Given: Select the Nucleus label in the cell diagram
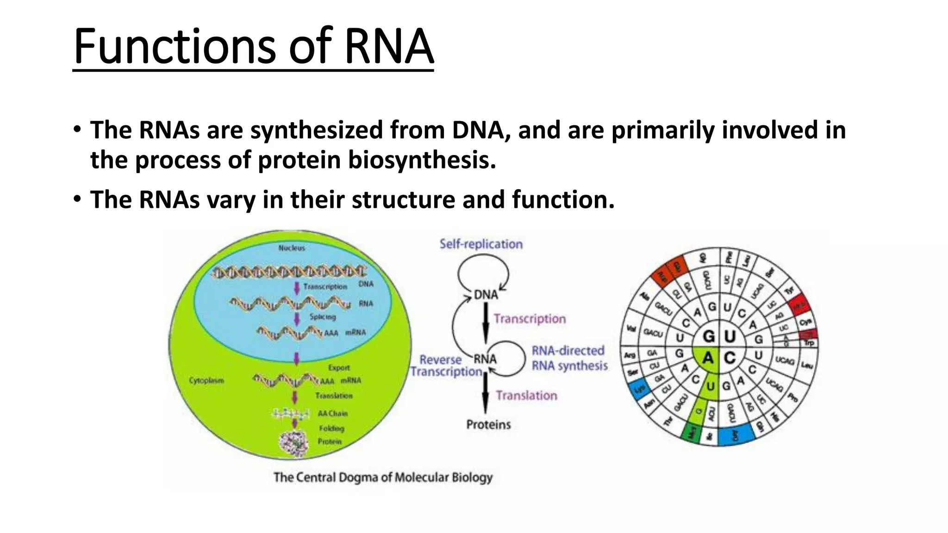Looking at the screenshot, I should tap(292, 248).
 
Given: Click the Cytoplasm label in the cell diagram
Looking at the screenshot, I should tap(206, 380).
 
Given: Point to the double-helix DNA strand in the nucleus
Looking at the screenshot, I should tap(289, 273).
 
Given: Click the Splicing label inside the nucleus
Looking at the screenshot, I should tap(323, 317).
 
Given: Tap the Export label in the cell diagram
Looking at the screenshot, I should tap(339, 367).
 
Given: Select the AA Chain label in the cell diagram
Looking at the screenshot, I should tap(332, 413).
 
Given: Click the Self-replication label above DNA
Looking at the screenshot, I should tap(481, 244).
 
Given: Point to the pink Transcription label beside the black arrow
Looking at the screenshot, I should tap(530, 319).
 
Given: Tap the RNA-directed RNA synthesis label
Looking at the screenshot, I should tap(569, 358).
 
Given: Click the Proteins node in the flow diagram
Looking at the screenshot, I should tap(488, 424).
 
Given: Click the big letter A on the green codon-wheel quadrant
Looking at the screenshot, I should tap(708, 358).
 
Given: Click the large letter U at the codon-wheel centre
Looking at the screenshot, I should tap(730, 336).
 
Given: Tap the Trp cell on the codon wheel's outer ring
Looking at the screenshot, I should tap(809, 343).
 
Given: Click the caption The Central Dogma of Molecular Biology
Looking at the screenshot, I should tap(383, 477).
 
